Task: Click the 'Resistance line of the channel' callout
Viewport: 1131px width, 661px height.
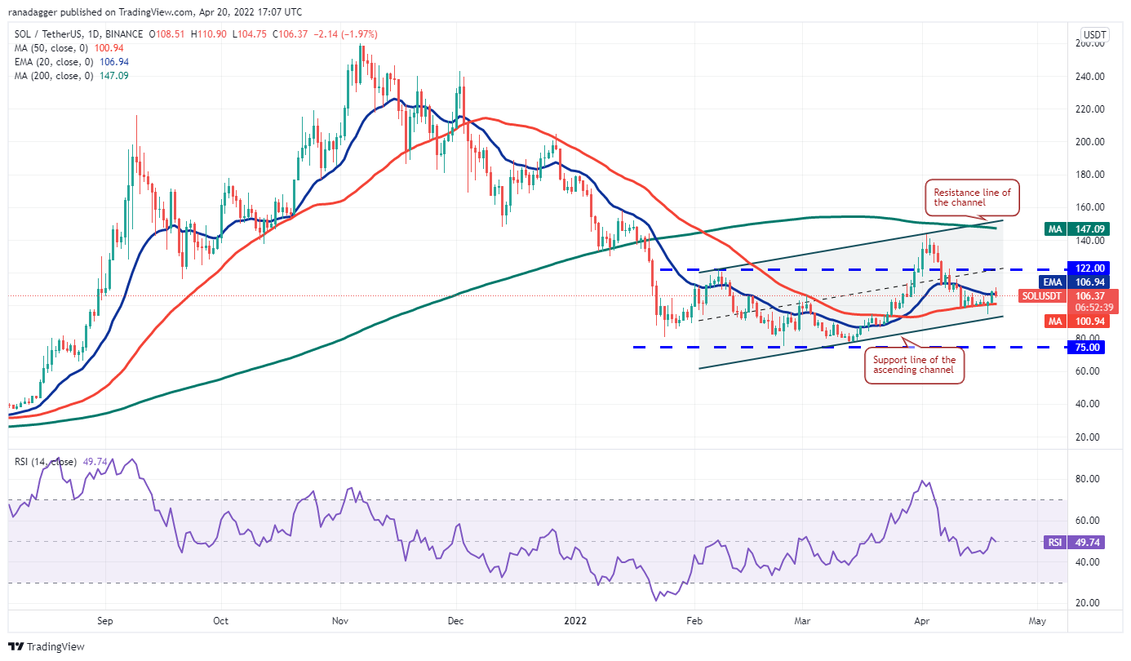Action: (x=972, y=197)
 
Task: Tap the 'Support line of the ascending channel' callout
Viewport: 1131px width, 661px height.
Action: (x=914, y=366)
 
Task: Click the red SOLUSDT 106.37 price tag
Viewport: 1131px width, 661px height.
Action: (x=1089, y=300)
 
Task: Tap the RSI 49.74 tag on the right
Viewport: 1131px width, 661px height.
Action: (x=1089, y=541)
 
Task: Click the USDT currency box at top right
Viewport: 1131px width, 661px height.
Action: (x=1093, y=36)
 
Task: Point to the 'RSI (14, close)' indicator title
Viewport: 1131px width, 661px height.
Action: (x=46, y=462)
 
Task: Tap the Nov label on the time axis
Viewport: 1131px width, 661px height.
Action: (x=341, y=620)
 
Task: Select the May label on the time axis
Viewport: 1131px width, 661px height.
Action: (x=1036, y=620)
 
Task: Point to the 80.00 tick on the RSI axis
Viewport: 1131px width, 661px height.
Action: (x=1089, y=479)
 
